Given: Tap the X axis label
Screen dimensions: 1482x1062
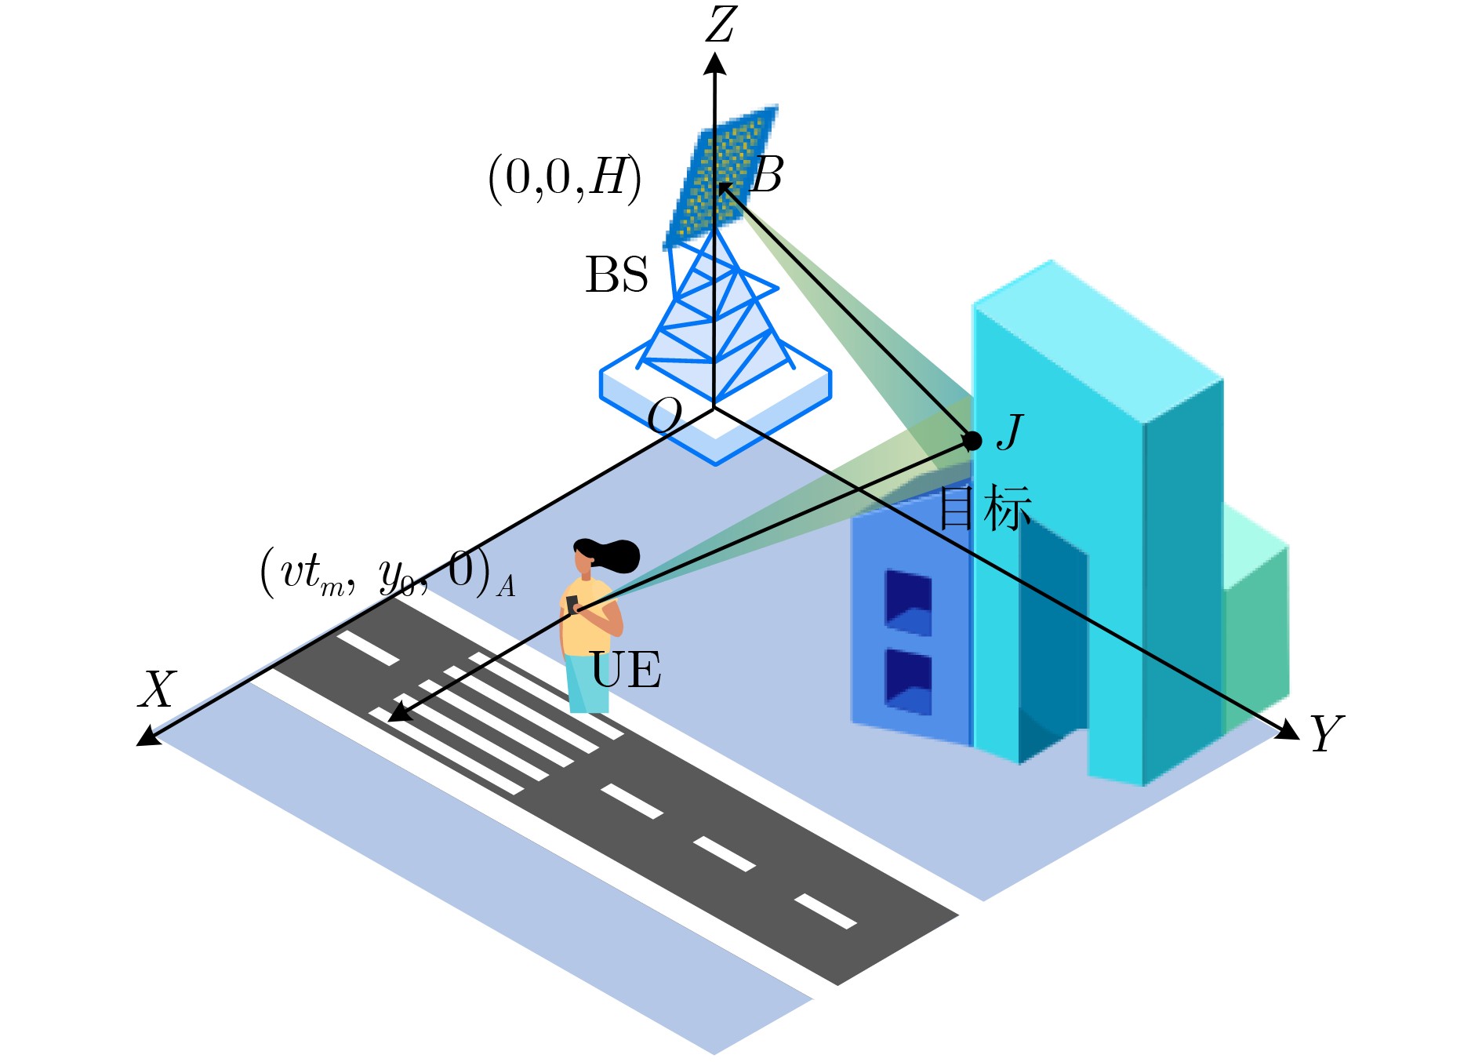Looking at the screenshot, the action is pos(158,690).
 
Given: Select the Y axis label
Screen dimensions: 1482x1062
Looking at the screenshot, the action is pos(1327,733).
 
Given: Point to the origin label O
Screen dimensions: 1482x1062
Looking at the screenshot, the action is pos(665,415).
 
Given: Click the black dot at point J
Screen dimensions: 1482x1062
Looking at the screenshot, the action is pos(972,441).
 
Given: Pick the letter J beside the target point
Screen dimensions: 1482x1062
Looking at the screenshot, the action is pos(1011,431).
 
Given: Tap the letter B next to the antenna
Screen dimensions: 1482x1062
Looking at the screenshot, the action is pos(768,174).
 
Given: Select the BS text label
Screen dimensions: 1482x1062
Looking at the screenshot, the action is pos(617,275).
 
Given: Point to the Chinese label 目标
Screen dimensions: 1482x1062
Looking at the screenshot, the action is pos(985,508).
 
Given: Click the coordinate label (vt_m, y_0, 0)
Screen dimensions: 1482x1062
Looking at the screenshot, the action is pos(387,573).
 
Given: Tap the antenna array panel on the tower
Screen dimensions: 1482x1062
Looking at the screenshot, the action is pos(720,177).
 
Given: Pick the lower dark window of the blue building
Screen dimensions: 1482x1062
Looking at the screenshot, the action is pos(909,682).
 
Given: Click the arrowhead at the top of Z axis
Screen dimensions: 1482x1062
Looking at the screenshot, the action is pos(714,63).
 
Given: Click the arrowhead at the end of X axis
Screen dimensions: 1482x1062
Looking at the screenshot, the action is pos(149,735).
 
